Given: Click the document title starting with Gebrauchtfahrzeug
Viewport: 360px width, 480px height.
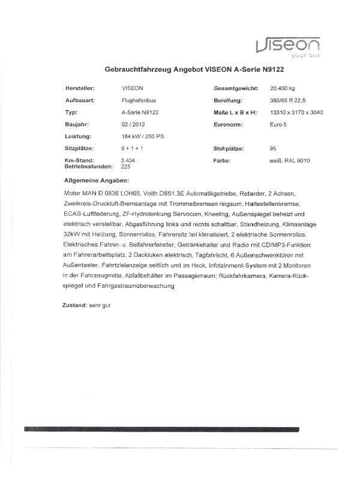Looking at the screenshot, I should coord(194,70).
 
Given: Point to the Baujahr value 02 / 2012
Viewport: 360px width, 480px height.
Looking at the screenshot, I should coord(133,124).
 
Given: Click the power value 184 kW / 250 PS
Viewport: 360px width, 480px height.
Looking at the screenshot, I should coord(142,136).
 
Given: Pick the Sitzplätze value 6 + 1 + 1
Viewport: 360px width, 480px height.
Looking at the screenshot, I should coord(131,148).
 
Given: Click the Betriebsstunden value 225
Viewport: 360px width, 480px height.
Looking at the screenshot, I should coord(126,167).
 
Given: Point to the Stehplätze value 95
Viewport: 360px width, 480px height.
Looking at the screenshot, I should coord(274,148).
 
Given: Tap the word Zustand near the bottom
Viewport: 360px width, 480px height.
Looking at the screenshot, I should coord(74,305).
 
